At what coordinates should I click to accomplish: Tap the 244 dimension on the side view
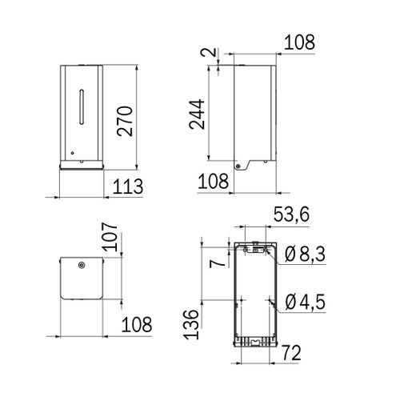click(200, 114)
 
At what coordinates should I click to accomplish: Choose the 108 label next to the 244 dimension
click(214, 182)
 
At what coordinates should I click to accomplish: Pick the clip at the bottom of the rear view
click(254, 343)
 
